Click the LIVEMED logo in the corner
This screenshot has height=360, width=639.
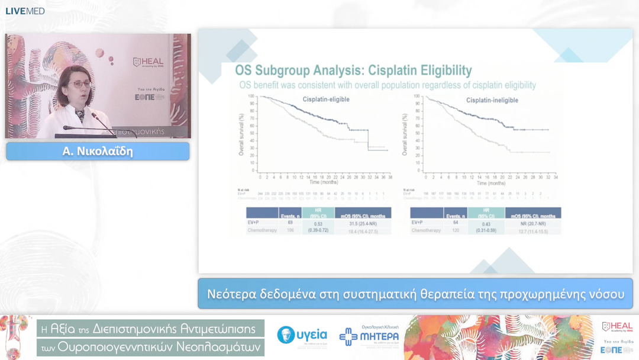point(25,11)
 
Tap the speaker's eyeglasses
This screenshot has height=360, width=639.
point(79,84)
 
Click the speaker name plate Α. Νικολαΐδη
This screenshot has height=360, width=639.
point(98,152)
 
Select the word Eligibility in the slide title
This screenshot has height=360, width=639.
point(443,70)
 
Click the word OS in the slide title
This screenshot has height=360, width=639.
point(243,70)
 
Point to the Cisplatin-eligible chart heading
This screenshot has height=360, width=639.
point(326,99)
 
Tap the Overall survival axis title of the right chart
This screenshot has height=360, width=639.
point(405,134)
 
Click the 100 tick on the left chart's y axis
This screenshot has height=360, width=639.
point(252,96)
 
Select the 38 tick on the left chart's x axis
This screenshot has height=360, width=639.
point(390,177)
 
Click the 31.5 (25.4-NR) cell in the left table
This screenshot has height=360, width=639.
point(363,223)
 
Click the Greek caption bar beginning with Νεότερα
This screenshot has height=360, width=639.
point(415,294)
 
